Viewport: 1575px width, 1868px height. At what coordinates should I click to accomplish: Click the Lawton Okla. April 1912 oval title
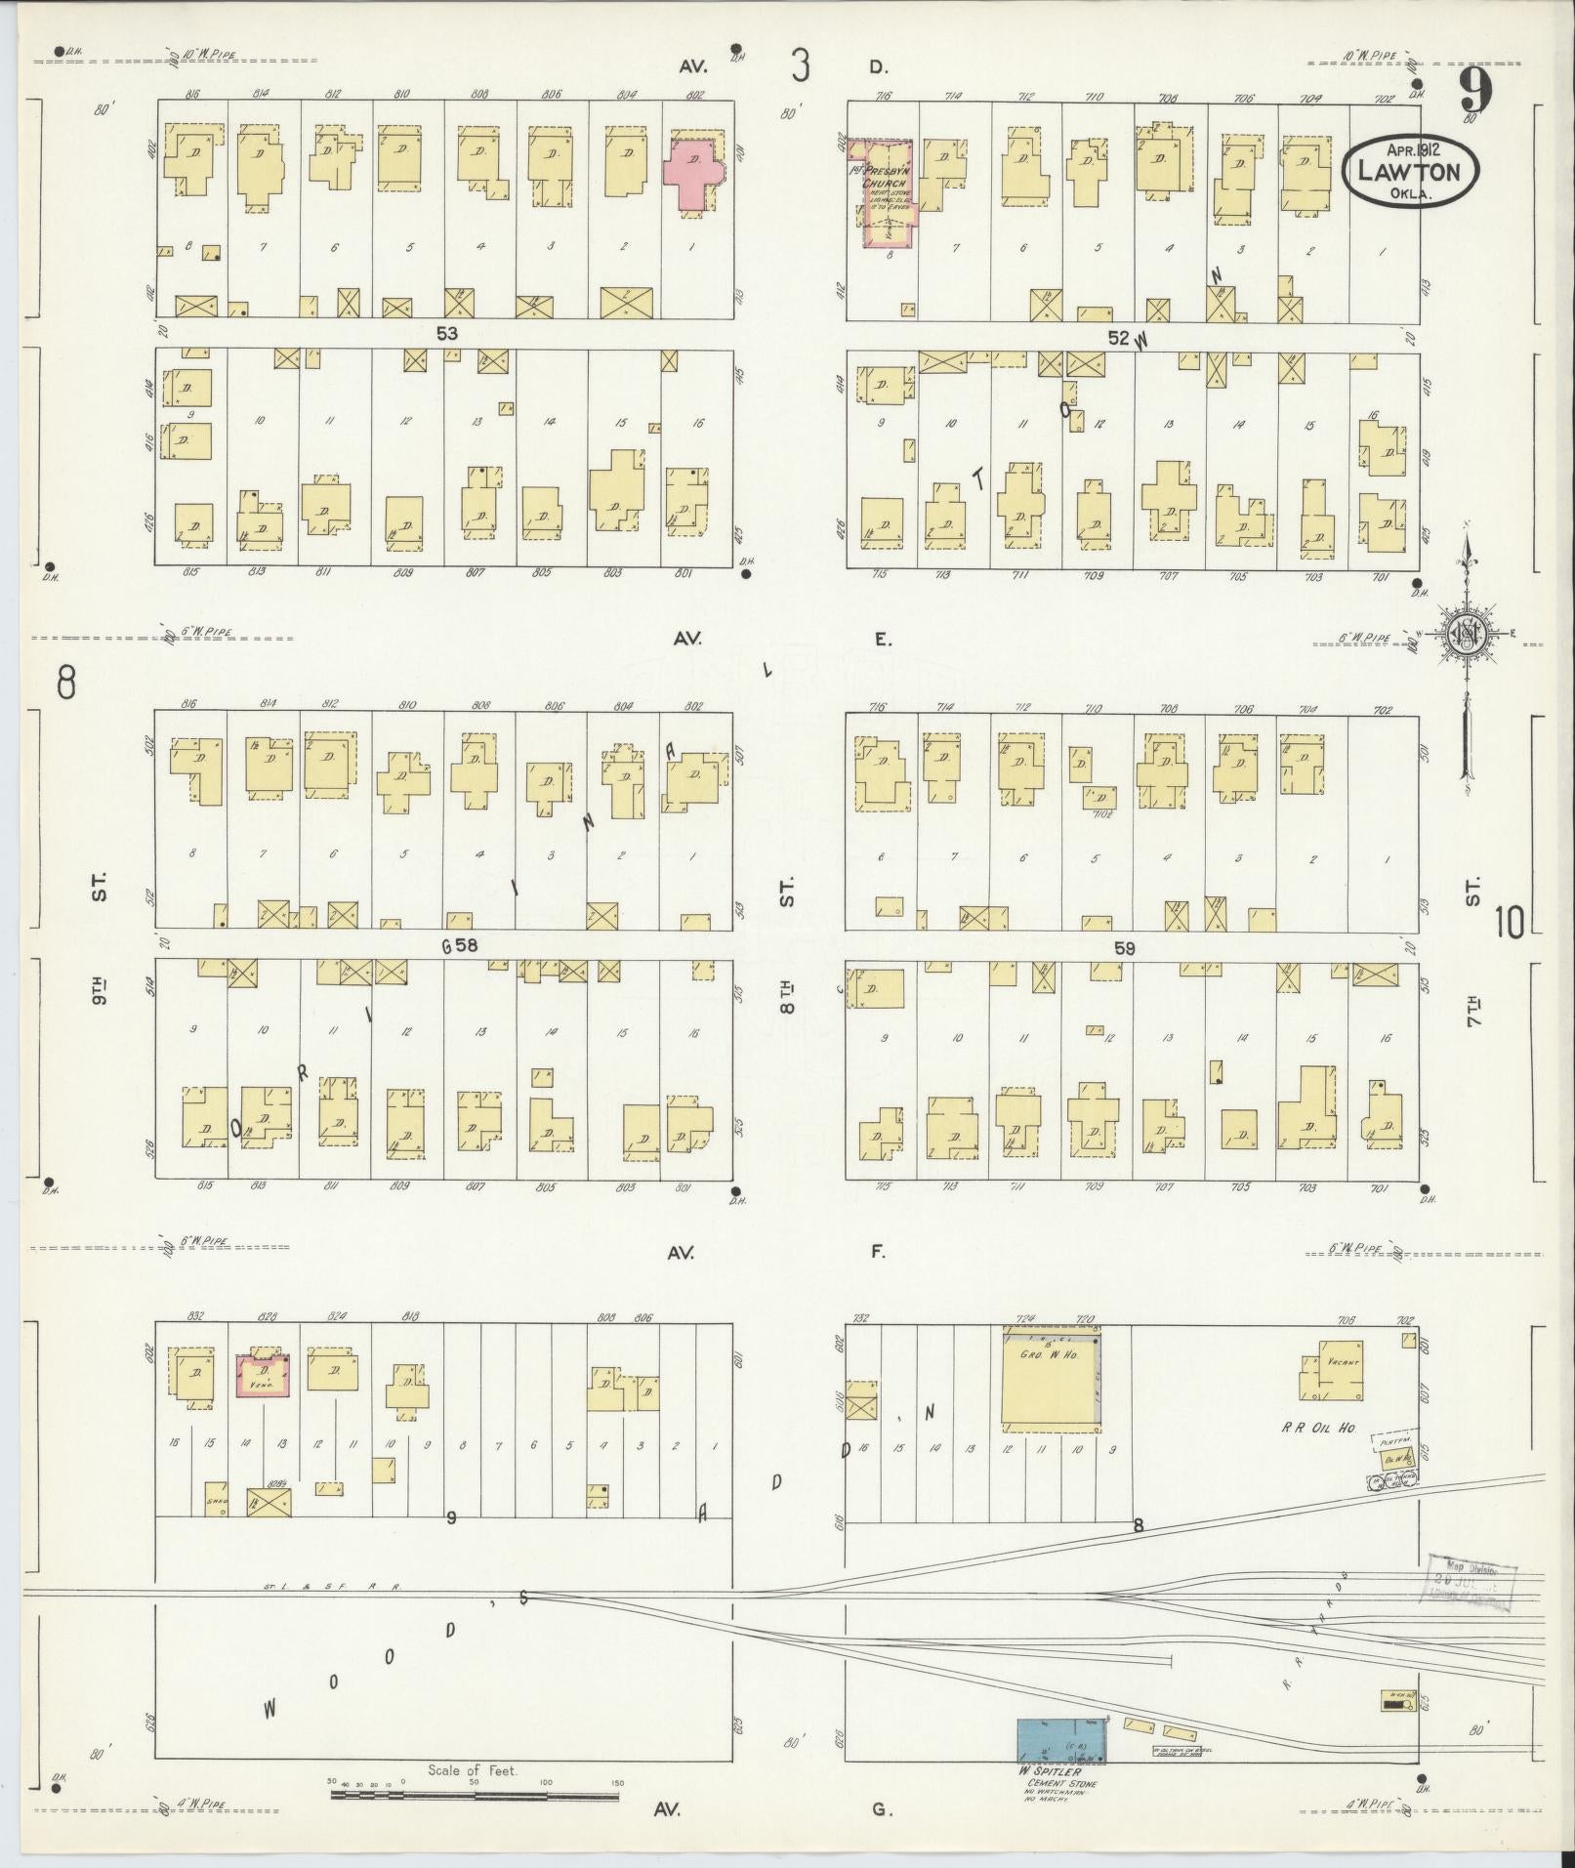click(x=1412, y=170)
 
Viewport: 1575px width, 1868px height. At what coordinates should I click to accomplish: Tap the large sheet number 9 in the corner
click(x=1476, y=93)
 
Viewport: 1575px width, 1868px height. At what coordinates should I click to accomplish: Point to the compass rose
click(x=1467, y=634)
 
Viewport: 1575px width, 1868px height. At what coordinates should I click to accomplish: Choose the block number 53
click(x=447, y=334)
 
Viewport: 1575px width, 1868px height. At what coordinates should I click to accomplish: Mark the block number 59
click(x=1125, y=947)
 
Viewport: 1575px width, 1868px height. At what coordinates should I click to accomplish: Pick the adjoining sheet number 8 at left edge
click(x=65, y=683)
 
